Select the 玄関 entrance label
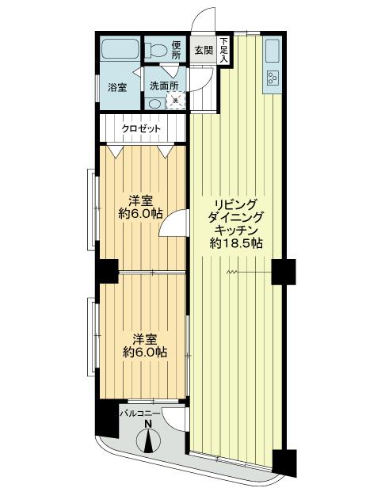coord(204,51)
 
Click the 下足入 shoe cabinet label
coord(224,50)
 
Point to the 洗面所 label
coord(164,86)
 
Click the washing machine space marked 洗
coord(178,101)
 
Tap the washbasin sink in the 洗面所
coord(154,103)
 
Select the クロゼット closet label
coord(141,128)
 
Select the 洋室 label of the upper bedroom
coord(141,200)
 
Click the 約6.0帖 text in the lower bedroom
coord(143,352)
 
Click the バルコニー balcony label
coord(140,414)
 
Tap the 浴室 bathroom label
coord(117,86)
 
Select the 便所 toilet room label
coord(177,50)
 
